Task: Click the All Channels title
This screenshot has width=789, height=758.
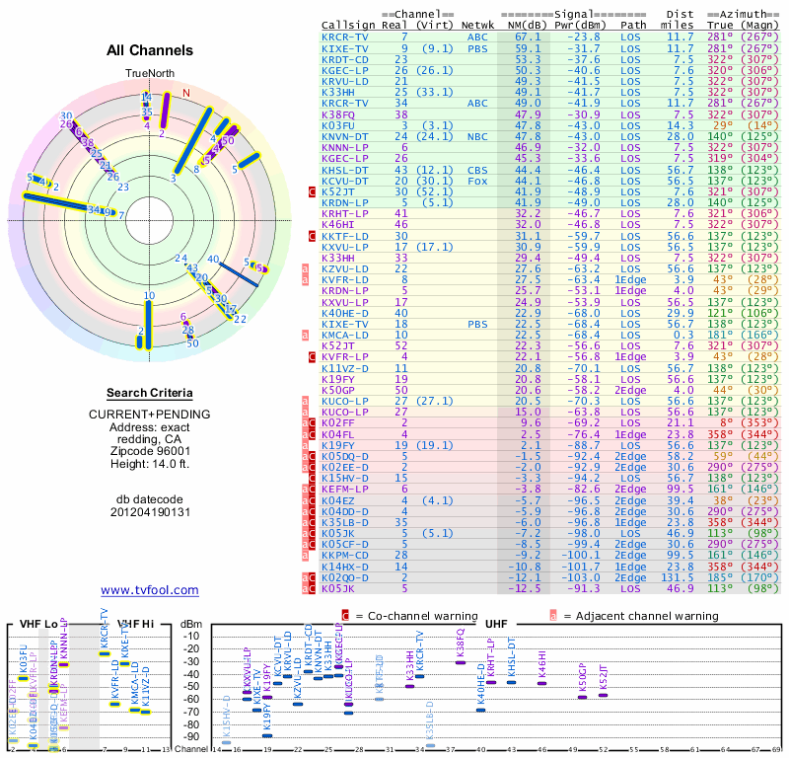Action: coord(150,51)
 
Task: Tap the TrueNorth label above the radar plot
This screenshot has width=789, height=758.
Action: coord(149,74)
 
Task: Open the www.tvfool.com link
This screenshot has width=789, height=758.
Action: coord(150,590)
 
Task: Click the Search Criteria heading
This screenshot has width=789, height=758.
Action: coord(150,393)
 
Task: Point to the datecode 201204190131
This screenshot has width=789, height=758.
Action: coord(150,512)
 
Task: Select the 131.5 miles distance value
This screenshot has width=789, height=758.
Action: coord(683,577)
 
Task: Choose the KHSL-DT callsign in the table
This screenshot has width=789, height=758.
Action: coord(345,170)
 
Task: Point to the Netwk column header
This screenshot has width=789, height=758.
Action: coord(477,26)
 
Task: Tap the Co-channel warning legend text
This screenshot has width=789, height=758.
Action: coord(406,615)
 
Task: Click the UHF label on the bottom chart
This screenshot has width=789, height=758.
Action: coord(496,624)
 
